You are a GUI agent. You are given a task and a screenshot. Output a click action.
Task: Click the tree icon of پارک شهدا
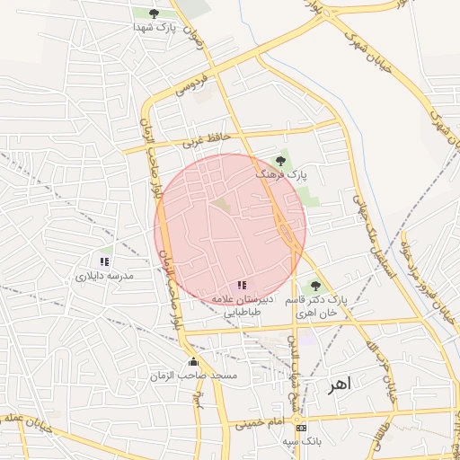coord(154,13)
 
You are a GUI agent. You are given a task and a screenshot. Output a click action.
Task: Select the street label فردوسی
coord(192,84)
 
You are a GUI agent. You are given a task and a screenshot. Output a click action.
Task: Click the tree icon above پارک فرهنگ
coord(281,161)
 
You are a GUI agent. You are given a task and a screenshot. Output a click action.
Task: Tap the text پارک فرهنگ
coord(281,174)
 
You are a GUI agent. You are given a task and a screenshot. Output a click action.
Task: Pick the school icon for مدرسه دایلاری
coord(105,261)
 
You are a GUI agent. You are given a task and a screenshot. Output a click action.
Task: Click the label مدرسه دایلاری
coord(104,276)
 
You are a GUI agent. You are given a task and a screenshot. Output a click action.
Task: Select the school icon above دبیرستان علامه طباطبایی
coord(242,285)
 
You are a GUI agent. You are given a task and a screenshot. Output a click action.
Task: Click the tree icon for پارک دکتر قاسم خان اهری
coord(314,286)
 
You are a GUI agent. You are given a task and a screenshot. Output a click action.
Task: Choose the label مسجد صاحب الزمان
coord(208,375)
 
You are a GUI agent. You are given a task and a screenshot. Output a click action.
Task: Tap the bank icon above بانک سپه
coord(301,429)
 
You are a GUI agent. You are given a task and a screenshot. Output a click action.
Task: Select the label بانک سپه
coord(300,442)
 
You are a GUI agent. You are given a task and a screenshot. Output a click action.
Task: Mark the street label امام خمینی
coord(260,420)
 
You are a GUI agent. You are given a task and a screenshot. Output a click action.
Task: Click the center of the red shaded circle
coord(230,229)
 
